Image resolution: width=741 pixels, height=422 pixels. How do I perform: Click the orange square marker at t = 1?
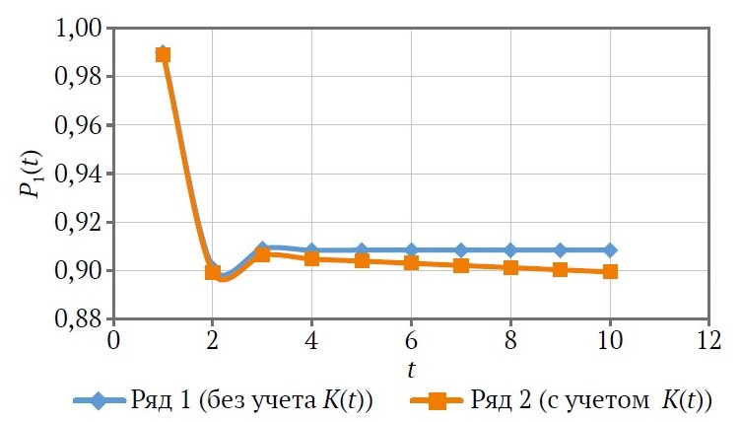point(164,54)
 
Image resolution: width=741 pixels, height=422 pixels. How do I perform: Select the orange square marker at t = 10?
point(610,271)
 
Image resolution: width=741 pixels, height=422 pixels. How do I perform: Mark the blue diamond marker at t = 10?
point(610,250)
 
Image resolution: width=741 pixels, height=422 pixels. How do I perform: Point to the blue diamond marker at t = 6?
point(411,250)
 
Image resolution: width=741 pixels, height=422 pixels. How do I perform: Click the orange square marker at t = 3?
point(262,254)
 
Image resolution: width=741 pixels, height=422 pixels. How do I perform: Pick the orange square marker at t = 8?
point(510,267)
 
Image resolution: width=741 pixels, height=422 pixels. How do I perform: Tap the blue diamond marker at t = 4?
point(311,250)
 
